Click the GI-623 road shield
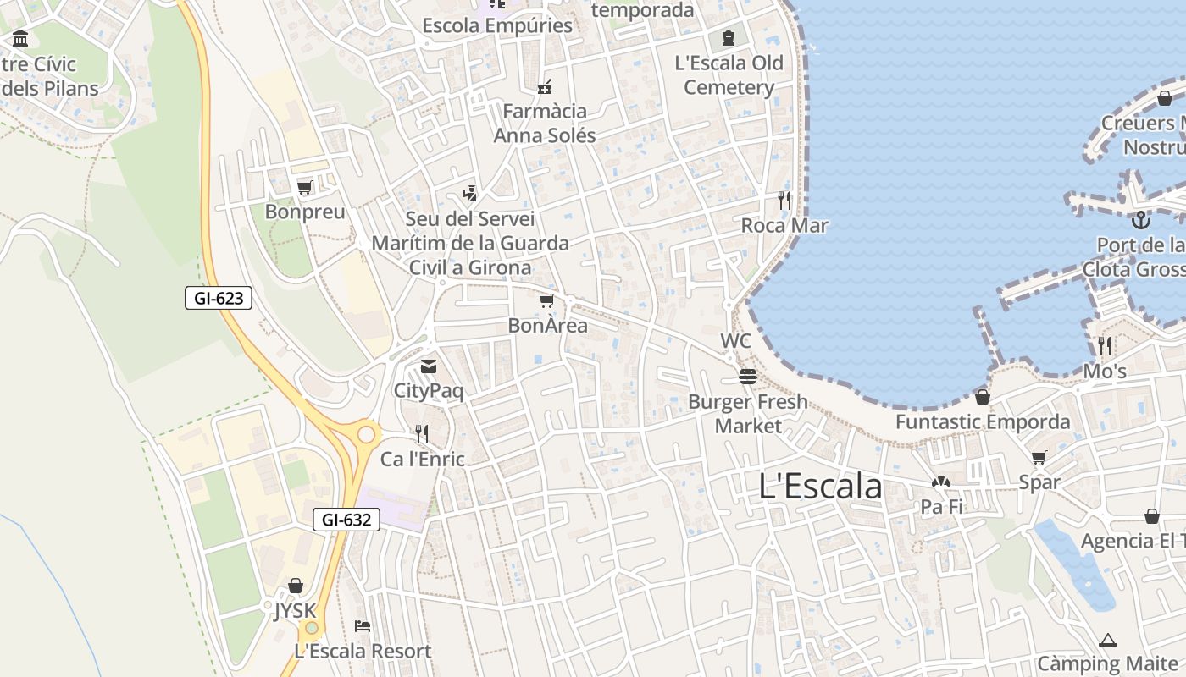pos(219,298)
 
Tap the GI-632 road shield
pos(346,520)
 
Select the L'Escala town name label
pos(820,487)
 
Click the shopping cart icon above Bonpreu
pos(305,187)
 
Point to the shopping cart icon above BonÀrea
pos(547,300)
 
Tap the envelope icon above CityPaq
pos(429,366)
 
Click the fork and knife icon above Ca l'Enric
pos(422,434)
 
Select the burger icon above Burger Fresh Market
pos(747,376)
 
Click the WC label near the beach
pos(735,341)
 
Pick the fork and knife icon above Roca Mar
pos(784,201)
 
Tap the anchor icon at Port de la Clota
pos(1141,220)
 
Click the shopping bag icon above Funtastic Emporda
pos(983,396)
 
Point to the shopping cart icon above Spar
pos(1039,457)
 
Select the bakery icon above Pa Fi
pos(941,482)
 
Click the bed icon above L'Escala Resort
pos(363,626)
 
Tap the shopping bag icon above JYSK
pos(296,586)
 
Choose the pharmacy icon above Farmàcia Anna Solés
pos(545,86)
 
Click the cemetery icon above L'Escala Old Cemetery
pos(729,38)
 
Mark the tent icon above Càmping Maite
pos(1108,640)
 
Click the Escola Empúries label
pos(497,25)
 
